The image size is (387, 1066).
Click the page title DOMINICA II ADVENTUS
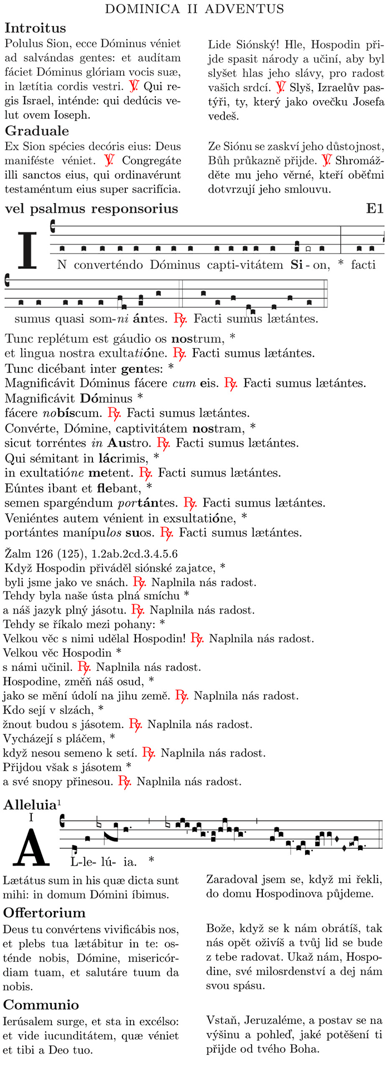point(194,9)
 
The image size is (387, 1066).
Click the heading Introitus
point(35,28)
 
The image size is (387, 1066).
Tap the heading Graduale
point(37,131)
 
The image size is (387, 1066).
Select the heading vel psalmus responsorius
point(91,209)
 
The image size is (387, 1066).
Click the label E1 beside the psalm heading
point(375,209)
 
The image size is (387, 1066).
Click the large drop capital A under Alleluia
point(31,844)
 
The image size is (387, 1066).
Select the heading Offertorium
point(45,912)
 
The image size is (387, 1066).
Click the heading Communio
point(41,1004)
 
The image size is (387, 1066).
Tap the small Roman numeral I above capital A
point(31,817)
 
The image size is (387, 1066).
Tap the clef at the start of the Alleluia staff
point(62,819)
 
